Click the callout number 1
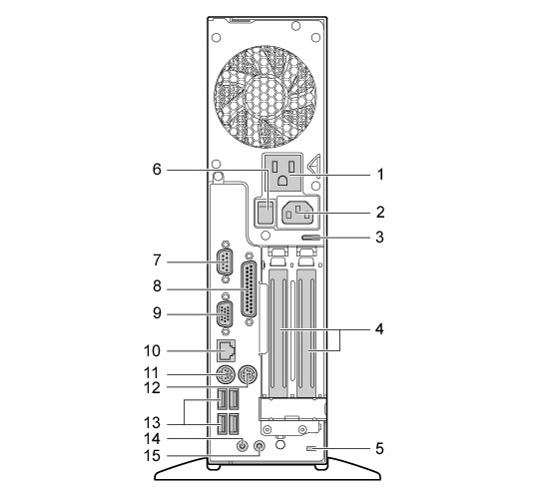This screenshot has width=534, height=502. [380, 175]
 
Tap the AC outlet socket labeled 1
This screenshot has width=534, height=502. [282, 172]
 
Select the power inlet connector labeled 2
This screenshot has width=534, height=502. [298, 214]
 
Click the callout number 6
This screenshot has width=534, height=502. [157, 169]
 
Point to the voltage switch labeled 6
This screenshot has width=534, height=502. [266, 213]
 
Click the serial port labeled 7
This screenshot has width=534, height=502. [225, 261]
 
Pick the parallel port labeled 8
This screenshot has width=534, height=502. [250, 290]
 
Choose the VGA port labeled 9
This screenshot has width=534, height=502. [225, 313]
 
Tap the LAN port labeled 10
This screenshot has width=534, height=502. [227, 350]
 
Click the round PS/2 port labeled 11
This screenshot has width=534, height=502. [226, 375]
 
